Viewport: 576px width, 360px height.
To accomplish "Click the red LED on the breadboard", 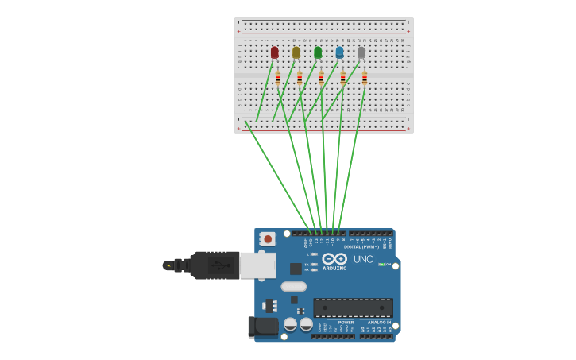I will (275, 52).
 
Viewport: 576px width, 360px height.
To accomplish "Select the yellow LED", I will (296, 52).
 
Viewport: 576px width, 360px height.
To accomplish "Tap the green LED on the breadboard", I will (318, 52).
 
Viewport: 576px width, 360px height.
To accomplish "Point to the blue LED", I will (340, 52).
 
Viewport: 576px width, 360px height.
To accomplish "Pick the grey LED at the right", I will (361, 52).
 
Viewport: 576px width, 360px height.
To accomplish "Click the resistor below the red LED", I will (278, 78).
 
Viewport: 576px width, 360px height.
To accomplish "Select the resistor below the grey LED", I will (365, 78).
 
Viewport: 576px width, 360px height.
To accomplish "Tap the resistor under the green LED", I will (321, 78).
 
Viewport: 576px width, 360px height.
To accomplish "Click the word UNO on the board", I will (363, 259).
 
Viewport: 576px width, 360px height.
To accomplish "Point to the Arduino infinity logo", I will (334, 259).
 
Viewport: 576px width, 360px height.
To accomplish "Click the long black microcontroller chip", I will (353, 308).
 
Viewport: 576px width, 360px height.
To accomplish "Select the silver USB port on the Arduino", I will (257, 265).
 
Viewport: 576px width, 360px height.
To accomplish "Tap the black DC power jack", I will (263, 326).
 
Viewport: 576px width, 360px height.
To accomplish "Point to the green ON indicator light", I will (381, 265).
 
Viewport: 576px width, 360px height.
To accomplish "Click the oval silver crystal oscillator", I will (293, 287).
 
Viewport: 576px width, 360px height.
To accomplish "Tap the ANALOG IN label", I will (378, 323).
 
